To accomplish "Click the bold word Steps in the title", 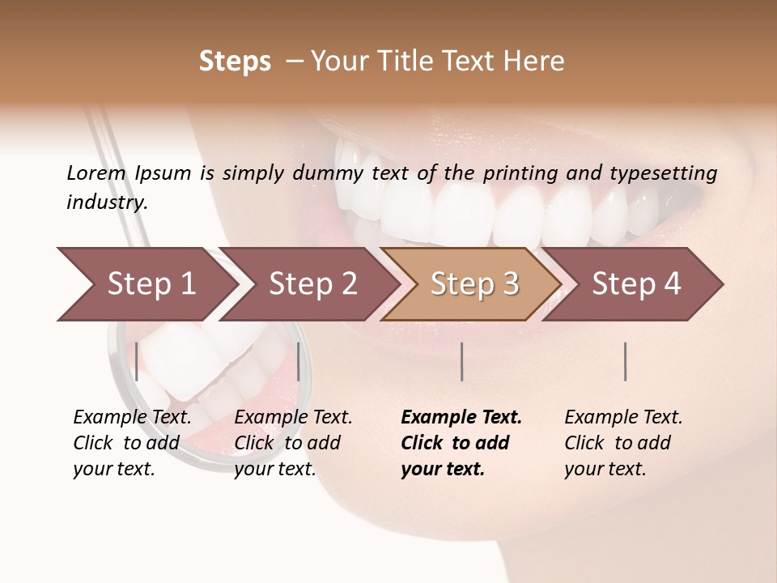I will pos(235,62).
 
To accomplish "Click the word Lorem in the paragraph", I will pos(96,172).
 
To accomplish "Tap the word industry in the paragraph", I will pos(106,202).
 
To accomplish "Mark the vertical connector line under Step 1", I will pos(137,361).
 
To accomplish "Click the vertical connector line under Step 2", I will pos(299,361).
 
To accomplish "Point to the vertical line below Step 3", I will pos(462,361).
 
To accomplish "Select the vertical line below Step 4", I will pos(626,361).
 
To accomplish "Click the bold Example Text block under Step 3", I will pos(461,443).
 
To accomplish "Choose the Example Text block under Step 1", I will pos(132,443).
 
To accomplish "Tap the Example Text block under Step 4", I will pos(623,443).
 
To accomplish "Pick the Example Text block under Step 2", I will pos(293,443).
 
